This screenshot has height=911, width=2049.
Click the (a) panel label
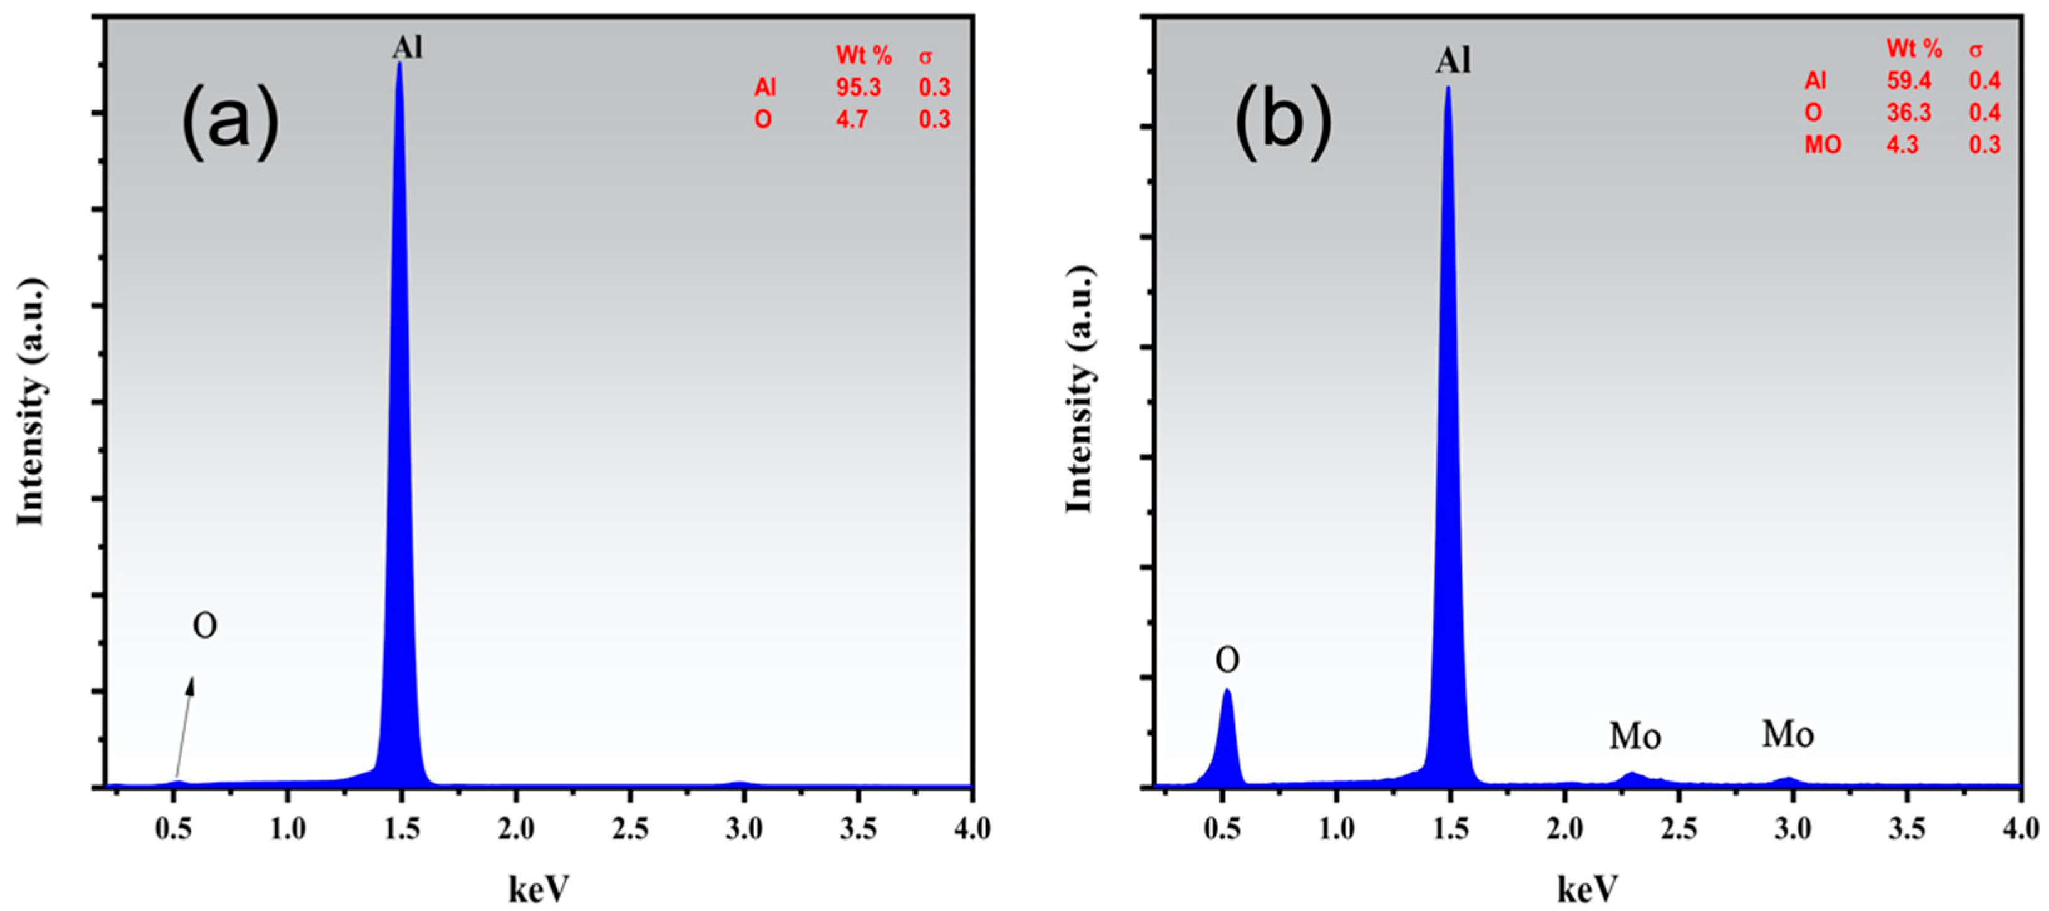230,122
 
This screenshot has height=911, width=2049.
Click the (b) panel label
1282,122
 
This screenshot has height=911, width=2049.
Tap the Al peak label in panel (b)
1453,60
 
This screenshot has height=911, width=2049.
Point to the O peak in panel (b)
1226,732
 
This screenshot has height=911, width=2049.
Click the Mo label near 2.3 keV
1635,737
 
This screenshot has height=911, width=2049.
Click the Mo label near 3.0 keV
1788,734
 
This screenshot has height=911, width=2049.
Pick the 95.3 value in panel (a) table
858,87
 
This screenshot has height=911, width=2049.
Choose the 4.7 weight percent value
852,119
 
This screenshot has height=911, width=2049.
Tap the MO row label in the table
1822,145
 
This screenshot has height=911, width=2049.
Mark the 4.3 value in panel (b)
1903,145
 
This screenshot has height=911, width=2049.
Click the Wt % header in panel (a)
864,56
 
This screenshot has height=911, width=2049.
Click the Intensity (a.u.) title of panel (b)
1080,390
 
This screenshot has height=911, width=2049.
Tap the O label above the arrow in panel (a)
204,626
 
